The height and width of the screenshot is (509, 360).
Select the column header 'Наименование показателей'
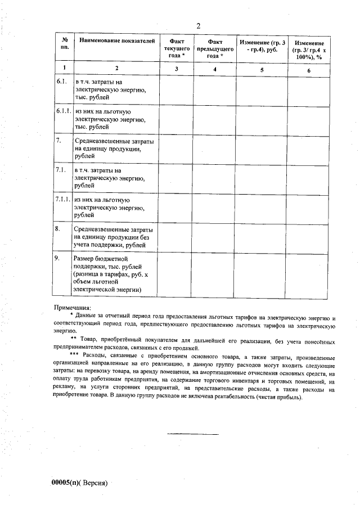click(x=116, y=41)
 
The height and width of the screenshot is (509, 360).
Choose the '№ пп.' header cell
click(x=65, y=44)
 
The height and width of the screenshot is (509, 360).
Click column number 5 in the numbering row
click(x=262, y=69)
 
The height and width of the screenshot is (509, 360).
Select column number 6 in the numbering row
click(x=309, y=69)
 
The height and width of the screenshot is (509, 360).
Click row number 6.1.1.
click(x=64, y=111)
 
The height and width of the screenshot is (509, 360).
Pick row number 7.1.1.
click(x=64, y=200)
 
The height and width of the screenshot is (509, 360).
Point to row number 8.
click(x=58, y=229)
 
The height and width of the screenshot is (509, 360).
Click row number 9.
click(x=58, y=258)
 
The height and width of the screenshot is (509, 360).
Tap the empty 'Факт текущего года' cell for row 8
click(x=176, y=237)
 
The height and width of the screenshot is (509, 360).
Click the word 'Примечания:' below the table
click(x=71, y=308)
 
